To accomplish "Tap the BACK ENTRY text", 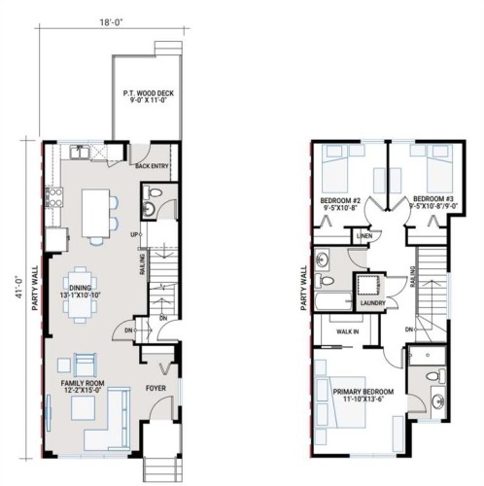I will tap(154, 166).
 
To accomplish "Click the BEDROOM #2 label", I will tap(340, 202).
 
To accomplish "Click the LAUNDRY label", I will tap(371, 303).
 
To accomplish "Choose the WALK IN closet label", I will tap(347, 330).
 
